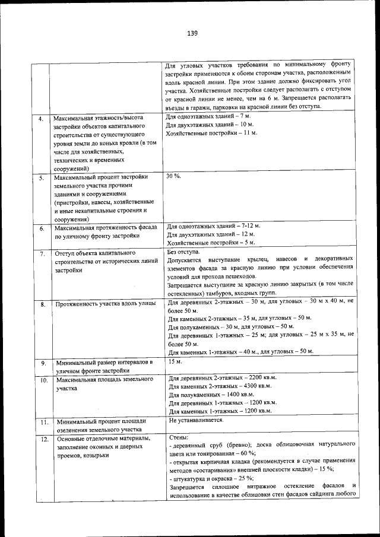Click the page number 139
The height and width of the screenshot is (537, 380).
(x=191, y=33)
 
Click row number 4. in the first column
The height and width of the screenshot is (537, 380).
(x=41, y=119)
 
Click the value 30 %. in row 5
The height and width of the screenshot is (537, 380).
(x=173, y=177)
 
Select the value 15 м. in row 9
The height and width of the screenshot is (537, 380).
(x=175, y=361)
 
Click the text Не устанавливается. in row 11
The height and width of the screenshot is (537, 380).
(x=196, y=420)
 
